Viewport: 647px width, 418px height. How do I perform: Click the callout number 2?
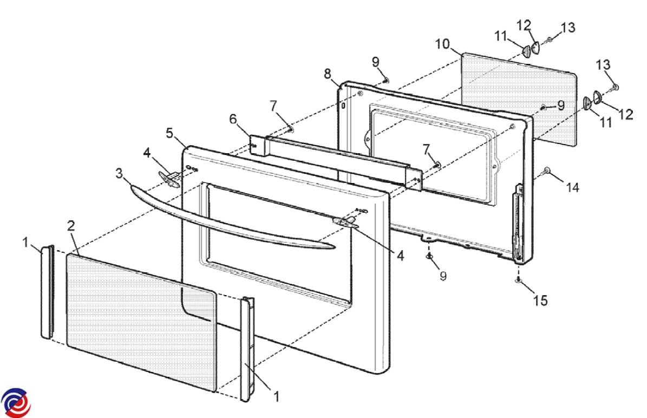71,226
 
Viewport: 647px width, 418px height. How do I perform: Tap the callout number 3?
119,173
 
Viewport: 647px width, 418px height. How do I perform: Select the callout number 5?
169,133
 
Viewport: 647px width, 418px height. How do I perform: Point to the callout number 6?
233,119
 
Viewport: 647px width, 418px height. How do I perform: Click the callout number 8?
327,74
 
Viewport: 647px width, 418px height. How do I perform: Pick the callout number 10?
442,44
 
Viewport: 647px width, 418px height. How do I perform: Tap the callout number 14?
572,188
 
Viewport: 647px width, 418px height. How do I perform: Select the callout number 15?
540,301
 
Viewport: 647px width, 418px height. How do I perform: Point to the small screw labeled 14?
547,170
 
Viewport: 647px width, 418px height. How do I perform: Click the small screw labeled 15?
517,280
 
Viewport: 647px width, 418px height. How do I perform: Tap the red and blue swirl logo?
16,402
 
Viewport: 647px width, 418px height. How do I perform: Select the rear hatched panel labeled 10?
518,99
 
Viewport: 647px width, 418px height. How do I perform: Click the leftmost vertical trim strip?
47,292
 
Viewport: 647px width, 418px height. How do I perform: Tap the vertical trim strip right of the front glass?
247,349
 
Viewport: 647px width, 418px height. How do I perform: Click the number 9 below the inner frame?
443,276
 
